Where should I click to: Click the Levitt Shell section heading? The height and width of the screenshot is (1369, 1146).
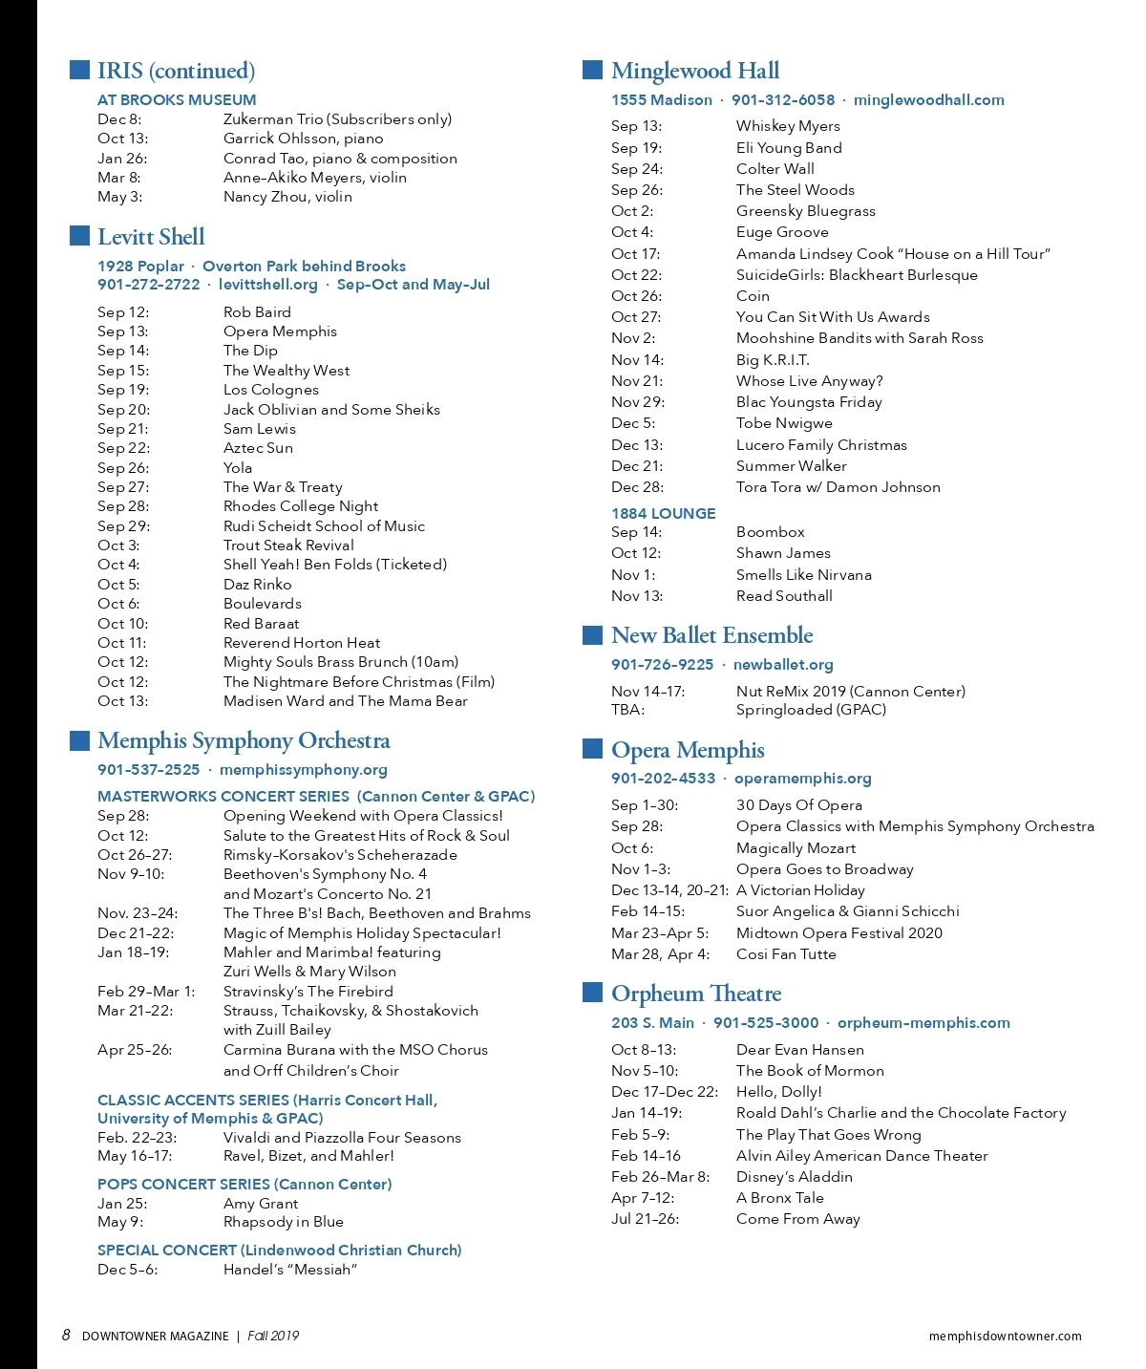(x=151, y=237)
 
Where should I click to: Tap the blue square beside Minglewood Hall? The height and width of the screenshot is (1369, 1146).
(x=592, y=70)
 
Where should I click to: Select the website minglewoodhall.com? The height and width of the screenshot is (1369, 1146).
(x=928, y=100)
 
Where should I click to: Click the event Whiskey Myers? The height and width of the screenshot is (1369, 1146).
(x=788, y=126)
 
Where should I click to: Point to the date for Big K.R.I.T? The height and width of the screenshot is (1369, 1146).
(x=637, y=360)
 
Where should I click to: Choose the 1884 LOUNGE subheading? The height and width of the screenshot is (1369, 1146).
(x=663, y=513)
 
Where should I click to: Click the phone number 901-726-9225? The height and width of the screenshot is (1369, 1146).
(x=662, y=665)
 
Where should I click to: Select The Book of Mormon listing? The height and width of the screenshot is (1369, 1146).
(x=810, y=1071)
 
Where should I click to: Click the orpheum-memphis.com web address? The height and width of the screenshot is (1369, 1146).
(x=923, y=1023)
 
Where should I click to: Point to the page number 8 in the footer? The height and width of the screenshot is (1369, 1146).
(x=66, y=1336)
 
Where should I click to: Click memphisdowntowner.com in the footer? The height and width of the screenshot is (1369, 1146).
(x=1005, y=1337)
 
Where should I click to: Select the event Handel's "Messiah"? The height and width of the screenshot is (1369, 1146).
(x=290, y=1270)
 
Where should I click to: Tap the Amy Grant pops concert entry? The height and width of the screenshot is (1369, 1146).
(x=261, y=1204)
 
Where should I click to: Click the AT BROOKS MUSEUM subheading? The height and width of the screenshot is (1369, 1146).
(x=177, y=100)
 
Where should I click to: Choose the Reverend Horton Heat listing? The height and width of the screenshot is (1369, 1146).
(x=302, y=643)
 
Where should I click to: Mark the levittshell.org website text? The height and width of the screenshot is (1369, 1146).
(x=267, y=285)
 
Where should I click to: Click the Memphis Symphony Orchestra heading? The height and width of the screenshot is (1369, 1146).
(x=244, y=741)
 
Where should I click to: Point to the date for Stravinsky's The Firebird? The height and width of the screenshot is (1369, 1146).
(x=145, y=992)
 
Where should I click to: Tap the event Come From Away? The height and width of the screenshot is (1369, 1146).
(x=798, y=1219)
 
